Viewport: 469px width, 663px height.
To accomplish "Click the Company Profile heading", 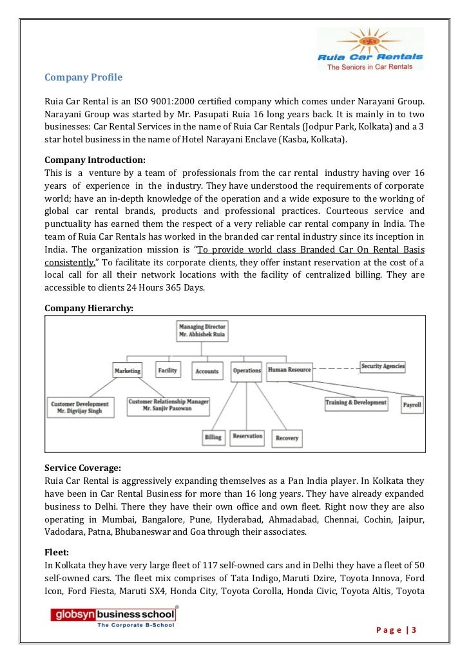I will [83, 78].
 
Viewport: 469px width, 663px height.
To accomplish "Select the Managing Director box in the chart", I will [202, 331].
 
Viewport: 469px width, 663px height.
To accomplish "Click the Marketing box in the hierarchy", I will [128, 371].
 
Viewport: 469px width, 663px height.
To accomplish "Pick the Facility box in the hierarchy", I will [168, 369].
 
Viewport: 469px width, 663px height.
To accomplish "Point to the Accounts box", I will [207, 370].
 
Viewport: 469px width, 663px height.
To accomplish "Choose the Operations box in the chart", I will [246, 370].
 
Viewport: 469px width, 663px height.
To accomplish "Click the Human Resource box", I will [289, 370].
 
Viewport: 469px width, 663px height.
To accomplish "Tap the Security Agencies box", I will [383, 366].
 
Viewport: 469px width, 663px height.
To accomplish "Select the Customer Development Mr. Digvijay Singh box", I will [81, 407].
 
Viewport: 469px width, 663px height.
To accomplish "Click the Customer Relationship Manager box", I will [168, 405].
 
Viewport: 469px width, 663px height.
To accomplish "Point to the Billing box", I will [213, 437].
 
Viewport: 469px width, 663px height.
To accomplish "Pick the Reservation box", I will [247, 437].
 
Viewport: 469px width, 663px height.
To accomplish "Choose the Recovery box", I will [287, 438].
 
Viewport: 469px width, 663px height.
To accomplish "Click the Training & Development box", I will [356, 403].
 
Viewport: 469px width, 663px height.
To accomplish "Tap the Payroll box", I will [412, 405].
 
